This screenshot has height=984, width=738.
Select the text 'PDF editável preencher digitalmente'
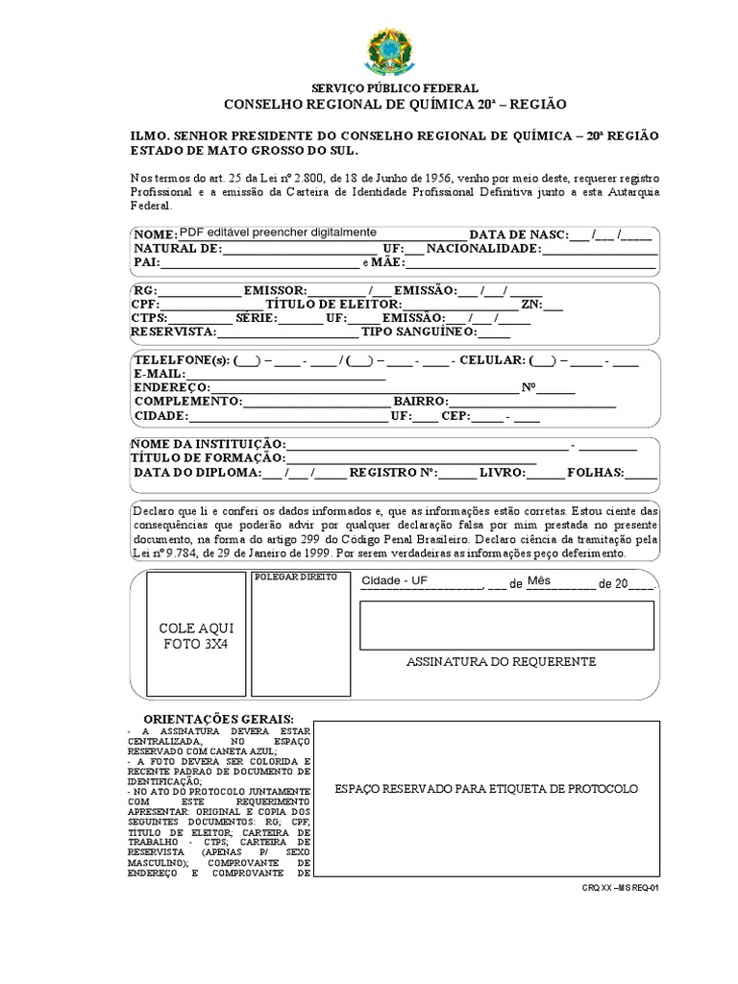(279, 233)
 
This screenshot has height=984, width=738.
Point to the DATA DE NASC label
(518, 234)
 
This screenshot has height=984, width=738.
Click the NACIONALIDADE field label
(484, 249)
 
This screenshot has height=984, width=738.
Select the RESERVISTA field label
(173, 332)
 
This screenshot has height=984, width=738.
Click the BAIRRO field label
(420, 401)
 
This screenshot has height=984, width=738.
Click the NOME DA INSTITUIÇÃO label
(208, 444)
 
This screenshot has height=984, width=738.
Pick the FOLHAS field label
(596, 473)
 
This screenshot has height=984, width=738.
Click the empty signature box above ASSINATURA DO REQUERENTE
(506, 626)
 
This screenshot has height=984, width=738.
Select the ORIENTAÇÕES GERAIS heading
(218, 721)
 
